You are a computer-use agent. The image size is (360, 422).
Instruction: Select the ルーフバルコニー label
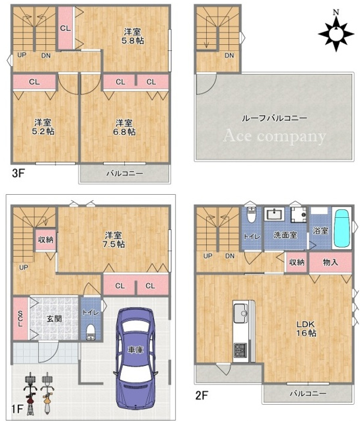[274, 118]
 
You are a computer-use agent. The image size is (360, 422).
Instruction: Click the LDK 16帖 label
[306, 328]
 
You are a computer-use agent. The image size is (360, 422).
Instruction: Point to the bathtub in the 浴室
[342, 229]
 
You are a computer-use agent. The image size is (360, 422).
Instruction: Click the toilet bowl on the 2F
[251, 215]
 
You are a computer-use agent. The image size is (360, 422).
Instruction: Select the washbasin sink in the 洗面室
[274, 215]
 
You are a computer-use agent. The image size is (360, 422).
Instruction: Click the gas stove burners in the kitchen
[240, 349]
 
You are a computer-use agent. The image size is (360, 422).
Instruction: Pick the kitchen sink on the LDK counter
[240, 313]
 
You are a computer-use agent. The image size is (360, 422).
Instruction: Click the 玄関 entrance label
[54, 319]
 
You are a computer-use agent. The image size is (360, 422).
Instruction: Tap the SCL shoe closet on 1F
[20, 318]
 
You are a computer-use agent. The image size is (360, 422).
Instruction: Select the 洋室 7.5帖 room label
[114, 240]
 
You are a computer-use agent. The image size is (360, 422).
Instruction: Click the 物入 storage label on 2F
[330, 262]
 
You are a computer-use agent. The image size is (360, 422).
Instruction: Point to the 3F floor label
[18, 173]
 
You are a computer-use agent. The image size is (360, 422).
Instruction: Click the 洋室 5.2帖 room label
[43, 127]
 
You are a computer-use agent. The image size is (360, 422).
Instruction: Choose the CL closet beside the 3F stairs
[65, 28]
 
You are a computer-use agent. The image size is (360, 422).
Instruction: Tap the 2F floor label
[201, 396]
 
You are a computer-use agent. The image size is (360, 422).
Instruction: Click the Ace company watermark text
[274, 136]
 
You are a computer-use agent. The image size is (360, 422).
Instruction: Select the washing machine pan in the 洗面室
[299, 215]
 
